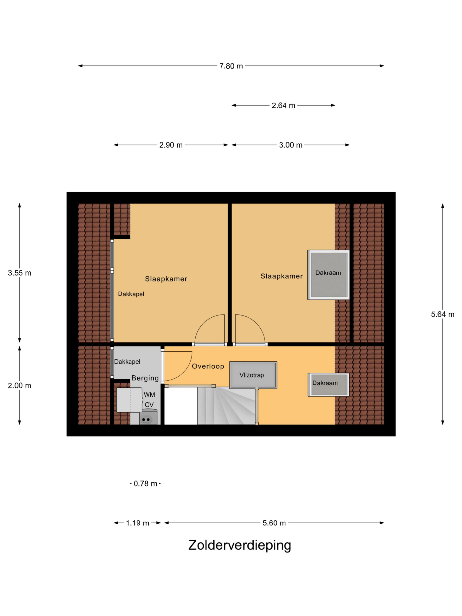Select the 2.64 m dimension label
[x=283, y=106]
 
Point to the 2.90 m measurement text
[x=171, y=145]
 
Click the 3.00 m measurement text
[x=291, y=145]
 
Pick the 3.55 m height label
[x=19, y=273]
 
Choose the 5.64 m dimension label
[x=443, y=314]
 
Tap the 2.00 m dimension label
[x=19, y=386]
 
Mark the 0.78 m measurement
[x=145, y=484]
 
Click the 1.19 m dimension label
[x=138, y=523]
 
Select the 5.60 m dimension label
[x=274, y=523]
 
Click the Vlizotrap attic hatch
[x=253, y=375]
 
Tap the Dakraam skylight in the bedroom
[x=328, y=275]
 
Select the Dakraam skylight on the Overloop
[x=328, y=385]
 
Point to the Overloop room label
[x=208, y=366]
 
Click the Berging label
[x=145, y=378]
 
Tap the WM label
[x=149, y=395]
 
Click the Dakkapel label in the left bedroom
[x=131, y=294]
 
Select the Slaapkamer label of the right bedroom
[x=282, y=276]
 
